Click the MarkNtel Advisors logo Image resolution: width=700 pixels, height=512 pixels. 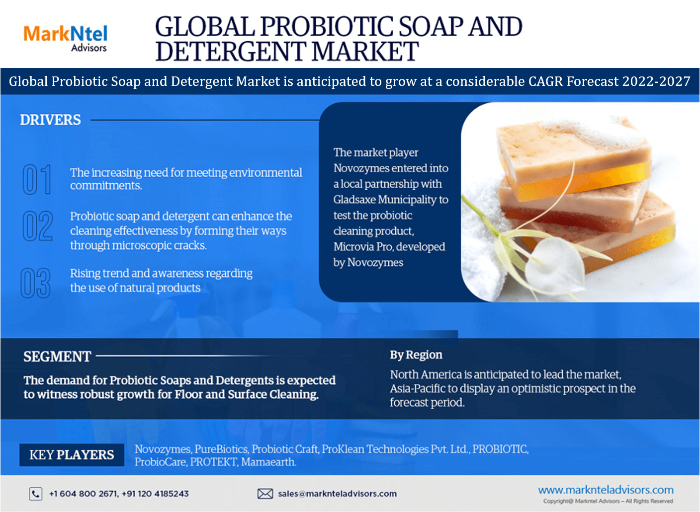(65, 38)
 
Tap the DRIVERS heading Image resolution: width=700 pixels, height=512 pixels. (50, 120)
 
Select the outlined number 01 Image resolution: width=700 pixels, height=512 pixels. (37, 179)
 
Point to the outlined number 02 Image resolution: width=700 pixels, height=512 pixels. (37, 226)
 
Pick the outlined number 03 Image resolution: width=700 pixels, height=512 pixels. (35, 283)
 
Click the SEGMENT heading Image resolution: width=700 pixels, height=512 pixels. (57, 357)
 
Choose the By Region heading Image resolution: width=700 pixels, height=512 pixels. (416, 355)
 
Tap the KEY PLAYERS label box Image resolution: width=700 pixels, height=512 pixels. (72, 455)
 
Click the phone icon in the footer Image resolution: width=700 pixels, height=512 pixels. (36, 494)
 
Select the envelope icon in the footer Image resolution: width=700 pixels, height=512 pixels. (265, 494)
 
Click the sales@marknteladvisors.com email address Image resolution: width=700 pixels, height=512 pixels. (337, 494)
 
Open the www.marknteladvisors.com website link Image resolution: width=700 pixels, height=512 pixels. (606, 490)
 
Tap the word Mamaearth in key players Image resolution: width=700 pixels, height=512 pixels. (268, 462)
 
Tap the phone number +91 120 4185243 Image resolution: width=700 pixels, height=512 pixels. (155, 494)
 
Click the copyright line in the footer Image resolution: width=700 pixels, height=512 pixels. (608, 501)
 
